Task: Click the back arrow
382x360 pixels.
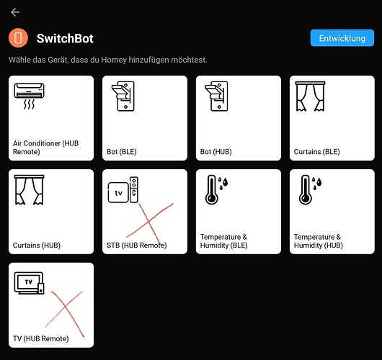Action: pos(15,12)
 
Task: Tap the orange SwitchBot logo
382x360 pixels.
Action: pos(18,38)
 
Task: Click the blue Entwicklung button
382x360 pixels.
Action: pos(342,38)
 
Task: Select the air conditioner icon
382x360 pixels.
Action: pos(30,96)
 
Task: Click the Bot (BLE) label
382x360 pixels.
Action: pos(122,152)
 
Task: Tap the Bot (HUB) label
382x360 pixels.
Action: pos(216,152)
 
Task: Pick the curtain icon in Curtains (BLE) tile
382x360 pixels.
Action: pos(310,96)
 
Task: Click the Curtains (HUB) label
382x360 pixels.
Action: pos(37,245)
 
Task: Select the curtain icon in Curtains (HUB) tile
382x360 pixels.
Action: pos(30,190)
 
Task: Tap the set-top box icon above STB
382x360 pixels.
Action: pos(123,190)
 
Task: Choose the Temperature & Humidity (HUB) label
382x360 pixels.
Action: pos(318,241)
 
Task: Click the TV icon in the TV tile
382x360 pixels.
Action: pos(30,283)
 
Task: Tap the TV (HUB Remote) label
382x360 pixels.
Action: pos(40,338)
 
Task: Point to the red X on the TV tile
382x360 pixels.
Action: pos(65,314)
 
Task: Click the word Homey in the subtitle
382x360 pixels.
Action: pos(114,60)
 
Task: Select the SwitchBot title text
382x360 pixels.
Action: pos(65,38)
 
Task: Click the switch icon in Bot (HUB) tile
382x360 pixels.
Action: pos(216,96)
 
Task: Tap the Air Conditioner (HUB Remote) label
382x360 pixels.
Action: pos(46,148)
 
